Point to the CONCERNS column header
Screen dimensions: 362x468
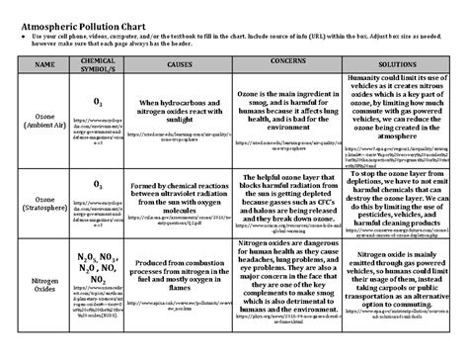tap(285, 60)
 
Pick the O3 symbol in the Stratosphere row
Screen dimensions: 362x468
tap(98, 184)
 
